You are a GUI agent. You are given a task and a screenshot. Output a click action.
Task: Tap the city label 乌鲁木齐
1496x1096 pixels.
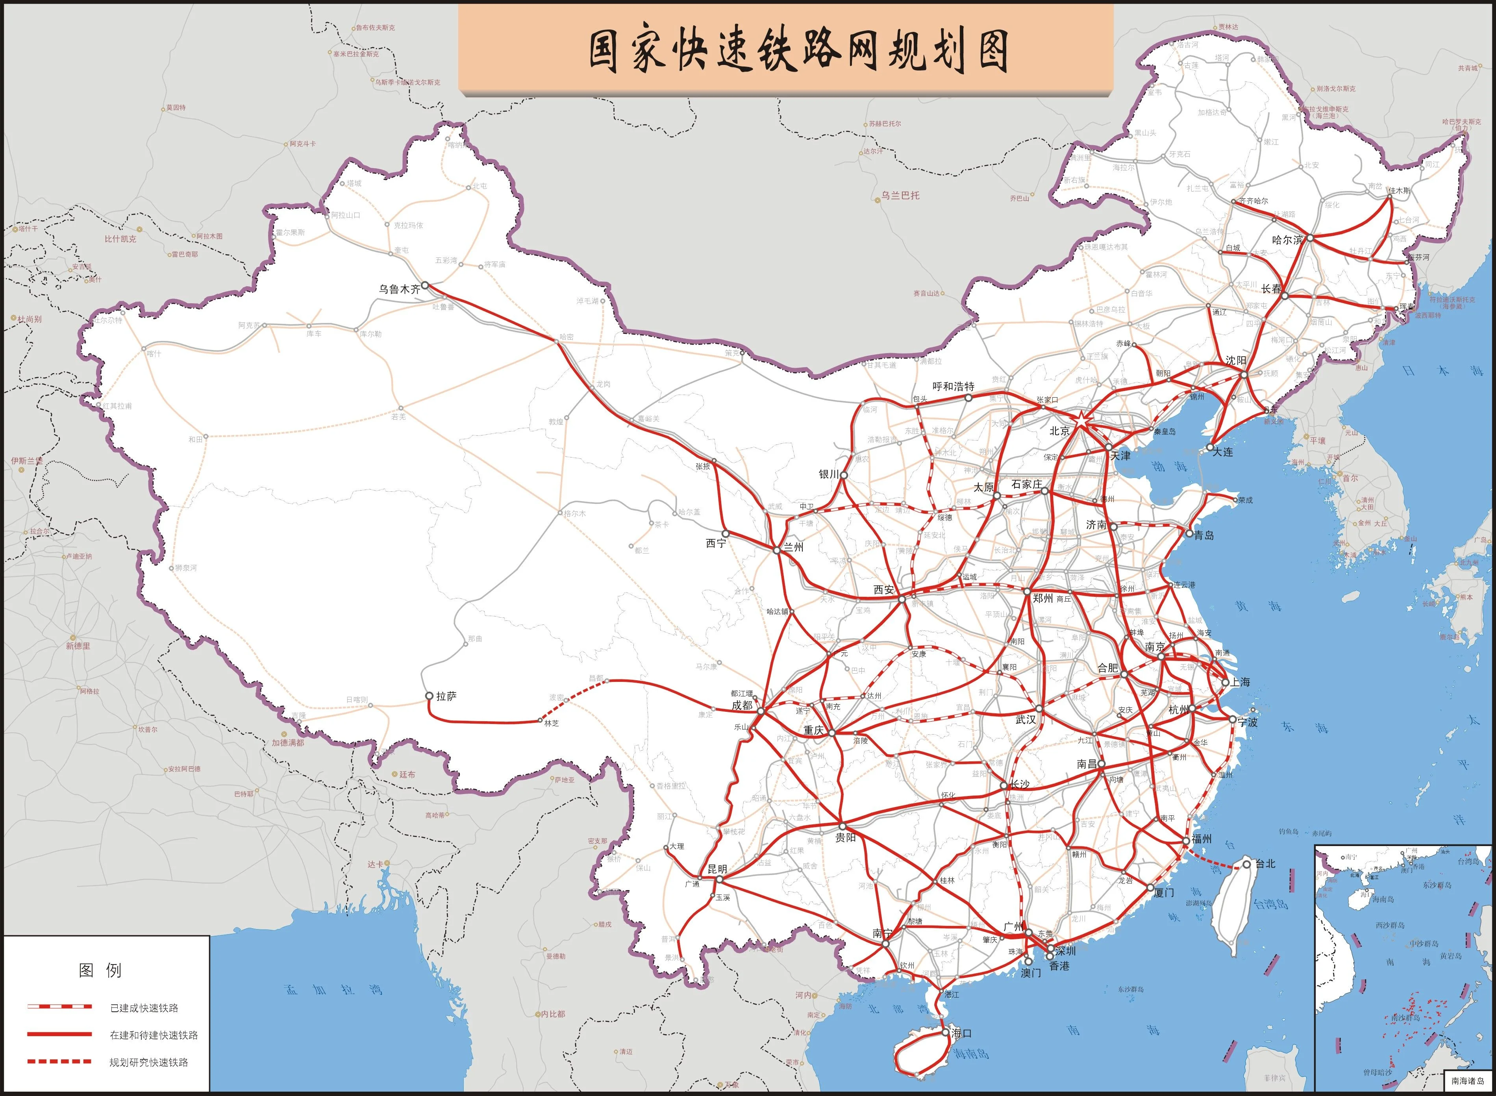pos(399,289)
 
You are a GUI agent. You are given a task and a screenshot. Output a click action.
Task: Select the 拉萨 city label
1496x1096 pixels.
pos(446,696)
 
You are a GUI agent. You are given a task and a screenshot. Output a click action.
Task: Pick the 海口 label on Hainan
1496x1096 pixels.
pos(961,1033)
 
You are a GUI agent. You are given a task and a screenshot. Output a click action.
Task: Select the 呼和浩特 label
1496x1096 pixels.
pos(954,386)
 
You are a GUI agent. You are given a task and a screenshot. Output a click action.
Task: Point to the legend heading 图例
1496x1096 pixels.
pos(100,970)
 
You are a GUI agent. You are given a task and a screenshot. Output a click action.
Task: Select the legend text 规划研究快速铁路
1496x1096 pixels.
pos(148,1062)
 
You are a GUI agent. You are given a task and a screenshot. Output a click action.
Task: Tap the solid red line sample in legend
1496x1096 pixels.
pos(60,1034)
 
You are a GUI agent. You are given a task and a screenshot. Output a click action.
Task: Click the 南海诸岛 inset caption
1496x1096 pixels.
pos(1468,1081)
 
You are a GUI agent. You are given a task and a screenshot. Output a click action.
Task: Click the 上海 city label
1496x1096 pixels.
pos(1240,682)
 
